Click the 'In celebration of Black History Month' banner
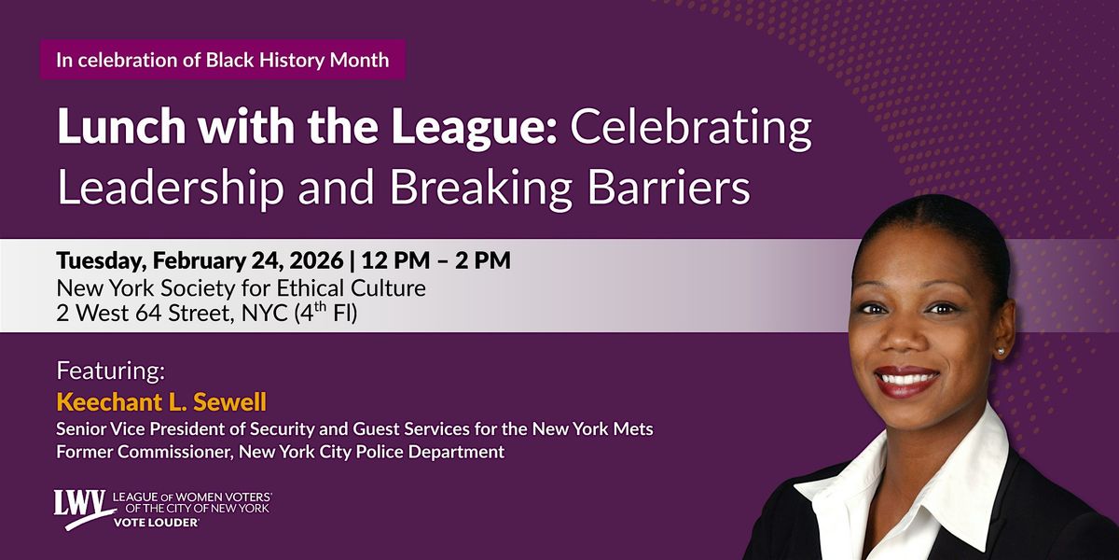222,60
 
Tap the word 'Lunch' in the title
122,127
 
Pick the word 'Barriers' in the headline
669,188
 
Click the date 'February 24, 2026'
248,260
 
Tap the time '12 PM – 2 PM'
436,260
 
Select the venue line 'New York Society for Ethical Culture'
241,289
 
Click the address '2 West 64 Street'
145,314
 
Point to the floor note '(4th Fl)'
325,313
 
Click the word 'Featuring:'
110,371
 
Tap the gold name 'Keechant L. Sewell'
161,402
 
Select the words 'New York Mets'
592,429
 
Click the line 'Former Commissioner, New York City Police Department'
281,452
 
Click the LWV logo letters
80,503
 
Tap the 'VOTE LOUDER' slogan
156,523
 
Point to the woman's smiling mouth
906,380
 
